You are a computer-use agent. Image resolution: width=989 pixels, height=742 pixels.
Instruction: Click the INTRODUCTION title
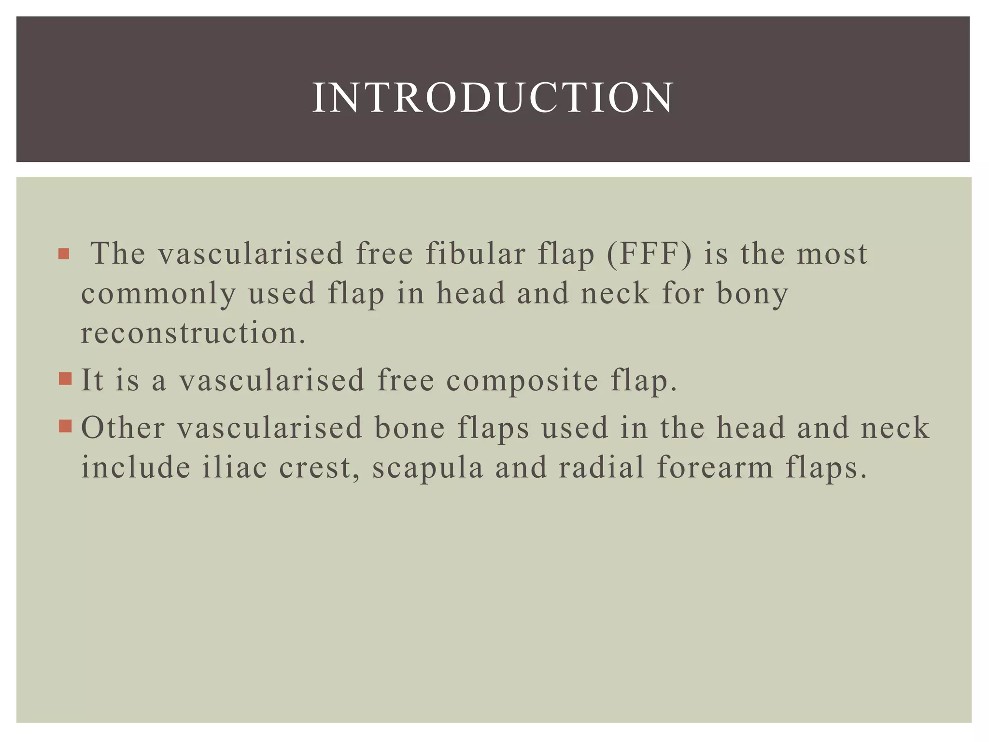click(493, 98)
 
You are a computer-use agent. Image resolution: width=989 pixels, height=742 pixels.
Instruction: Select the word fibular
click(475, 254)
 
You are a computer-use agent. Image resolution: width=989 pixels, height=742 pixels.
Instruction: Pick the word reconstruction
click(193, 333)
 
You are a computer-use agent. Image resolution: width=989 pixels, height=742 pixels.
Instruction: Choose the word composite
click(523, 381)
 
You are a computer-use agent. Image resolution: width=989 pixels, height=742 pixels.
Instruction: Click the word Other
click(123, 428)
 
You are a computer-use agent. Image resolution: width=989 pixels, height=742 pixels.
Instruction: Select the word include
click(136, 468)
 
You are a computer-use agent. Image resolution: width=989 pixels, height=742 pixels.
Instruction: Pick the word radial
click(602, 468)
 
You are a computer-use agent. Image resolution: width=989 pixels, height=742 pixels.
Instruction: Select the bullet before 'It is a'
click(65, 378)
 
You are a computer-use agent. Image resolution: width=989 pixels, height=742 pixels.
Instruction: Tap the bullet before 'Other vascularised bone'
click(65, 426)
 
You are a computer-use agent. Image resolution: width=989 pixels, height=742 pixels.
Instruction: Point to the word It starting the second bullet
click(92, 380)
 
